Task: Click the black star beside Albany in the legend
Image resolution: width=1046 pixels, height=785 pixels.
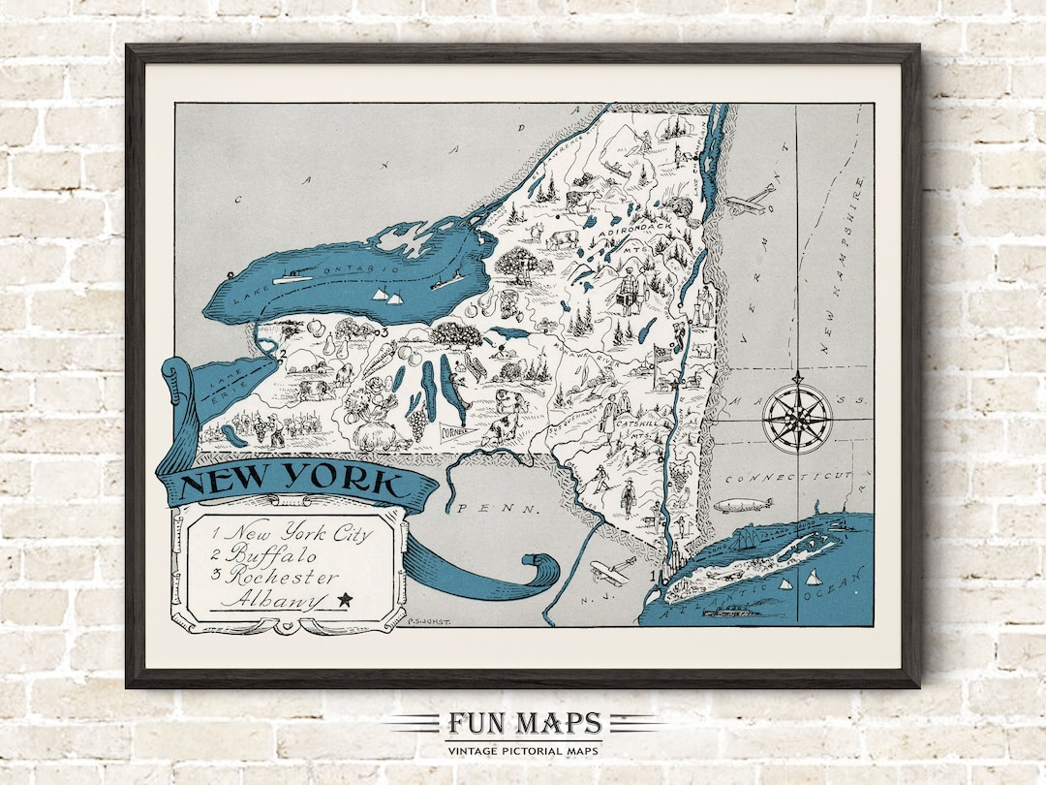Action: click(x=344, y=601)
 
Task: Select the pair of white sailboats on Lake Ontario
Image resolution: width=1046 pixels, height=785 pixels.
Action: click(x=386, y=295)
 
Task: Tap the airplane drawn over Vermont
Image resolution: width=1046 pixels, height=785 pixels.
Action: click(x=750, y=201)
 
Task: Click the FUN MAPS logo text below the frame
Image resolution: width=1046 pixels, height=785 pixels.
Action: click(x=524, y=724)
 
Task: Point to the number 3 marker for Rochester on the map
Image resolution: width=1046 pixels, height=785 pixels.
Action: click(x=383, y=333)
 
